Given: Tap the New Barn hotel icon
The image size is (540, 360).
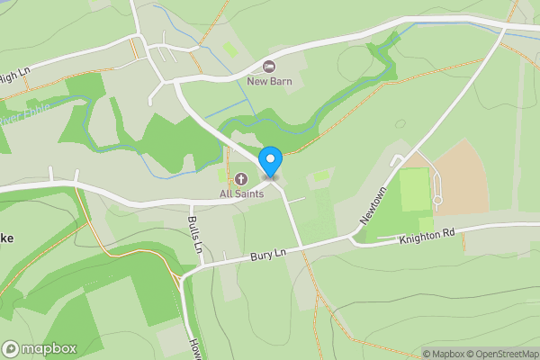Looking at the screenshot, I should point(268,66).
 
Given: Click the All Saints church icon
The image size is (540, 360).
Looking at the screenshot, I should point(240,178).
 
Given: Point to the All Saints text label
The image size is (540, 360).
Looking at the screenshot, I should point(240,193).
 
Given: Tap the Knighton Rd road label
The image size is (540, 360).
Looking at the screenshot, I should point(427,235).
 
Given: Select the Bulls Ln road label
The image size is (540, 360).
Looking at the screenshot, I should point(193,232).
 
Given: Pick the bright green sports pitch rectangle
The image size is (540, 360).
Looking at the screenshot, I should point(415,189).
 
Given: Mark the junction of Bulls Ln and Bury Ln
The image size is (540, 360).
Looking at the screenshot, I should point(200,265).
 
